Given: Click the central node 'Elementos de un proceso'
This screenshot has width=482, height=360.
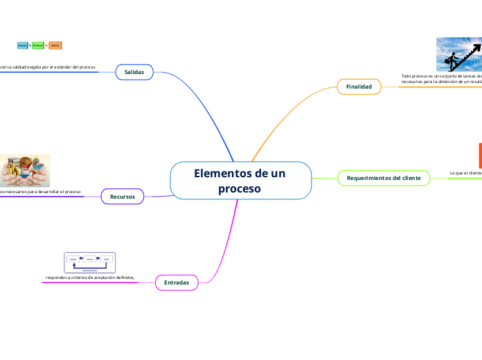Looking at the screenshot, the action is point(240,180).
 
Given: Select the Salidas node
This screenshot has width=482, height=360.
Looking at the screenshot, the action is point(134,72).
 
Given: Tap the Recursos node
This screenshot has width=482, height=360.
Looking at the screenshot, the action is point(123,197).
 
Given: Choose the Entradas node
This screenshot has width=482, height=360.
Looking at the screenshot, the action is point(177,282).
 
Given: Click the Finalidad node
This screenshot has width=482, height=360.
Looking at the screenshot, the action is point(359,87).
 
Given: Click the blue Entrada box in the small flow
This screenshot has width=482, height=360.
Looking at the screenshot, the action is point(22,45).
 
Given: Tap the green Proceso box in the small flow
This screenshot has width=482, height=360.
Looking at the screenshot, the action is point(38,45).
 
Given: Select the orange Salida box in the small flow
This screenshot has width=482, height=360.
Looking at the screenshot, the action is point(55,45).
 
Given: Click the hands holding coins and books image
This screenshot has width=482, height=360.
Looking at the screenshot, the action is point(25,170).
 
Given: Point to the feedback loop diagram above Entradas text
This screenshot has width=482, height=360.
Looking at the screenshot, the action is point(89,262).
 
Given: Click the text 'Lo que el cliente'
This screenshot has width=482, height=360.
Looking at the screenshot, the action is point(465,172).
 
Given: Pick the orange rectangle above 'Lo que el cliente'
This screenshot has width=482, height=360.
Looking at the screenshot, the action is point(479,154).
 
